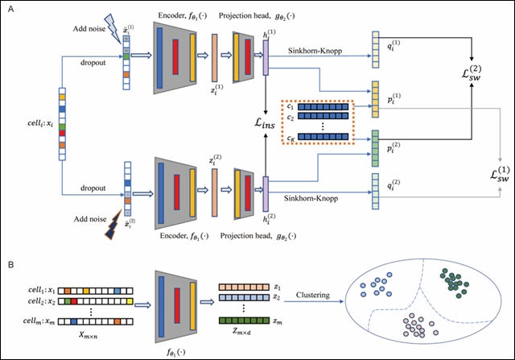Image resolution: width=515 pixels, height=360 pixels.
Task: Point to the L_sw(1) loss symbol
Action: point(496,172)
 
